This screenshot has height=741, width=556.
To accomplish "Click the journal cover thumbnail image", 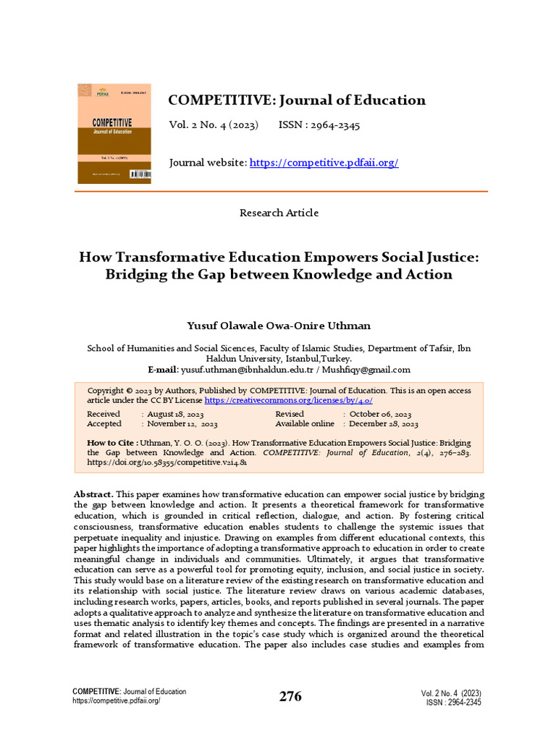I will [114, 133].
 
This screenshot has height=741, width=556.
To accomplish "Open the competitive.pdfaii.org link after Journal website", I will [324, 163].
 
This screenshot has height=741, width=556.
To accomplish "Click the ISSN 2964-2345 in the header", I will [319, 125].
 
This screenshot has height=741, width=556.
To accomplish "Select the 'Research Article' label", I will [279, 213].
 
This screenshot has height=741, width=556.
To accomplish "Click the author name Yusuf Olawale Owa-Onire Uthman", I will [279, 326].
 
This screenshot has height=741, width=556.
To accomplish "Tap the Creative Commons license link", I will [289, 399].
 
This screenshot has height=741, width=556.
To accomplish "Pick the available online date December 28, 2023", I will [383, 424].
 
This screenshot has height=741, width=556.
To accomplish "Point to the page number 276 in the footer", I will [291, 697].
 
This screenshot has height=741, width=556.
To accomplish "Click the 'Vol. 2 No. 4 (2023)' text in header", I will [214, 125].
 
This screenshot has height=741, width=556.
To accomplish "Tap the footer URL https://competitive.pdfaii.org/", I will [117, 701].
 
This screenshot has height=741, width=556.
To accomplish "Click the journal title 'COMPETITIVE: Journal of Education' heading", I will [297, 100].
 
